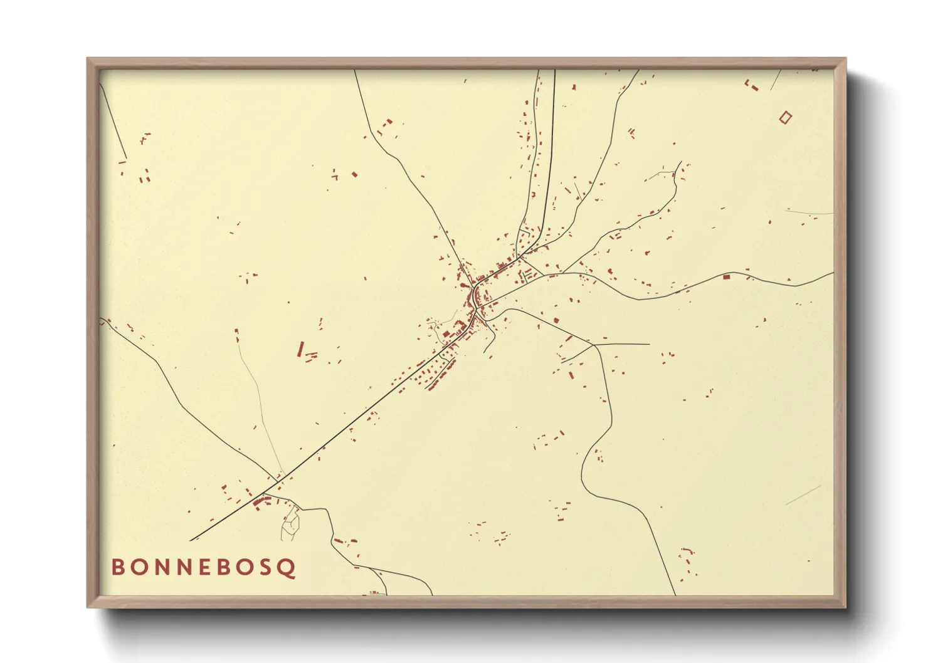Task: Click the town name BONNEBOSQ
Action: pyautogui.click(x=203, y=567)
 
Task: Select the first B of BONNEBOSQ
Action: pyautogui.click(x=118, y=567)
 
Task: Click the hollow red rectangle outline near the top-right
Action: pyautogui.click(x=785, y=117)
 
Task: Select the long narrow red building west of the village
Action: pyautogui.click(x=300, y=348)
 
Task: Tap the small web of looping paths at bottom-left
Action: pyautogui.click(x=290, y=524)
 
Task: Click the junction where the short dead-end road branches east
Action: pyautogui.click(x=593, y=344)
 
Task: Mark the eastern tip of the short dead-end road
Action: pyautogui.click(x=649, y=344)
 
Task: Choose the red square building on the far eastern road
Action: pyautogui.click(x=727, y=276)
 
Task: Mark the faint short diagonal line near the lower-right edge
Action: pyautogui.click(x=803, y=495)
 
